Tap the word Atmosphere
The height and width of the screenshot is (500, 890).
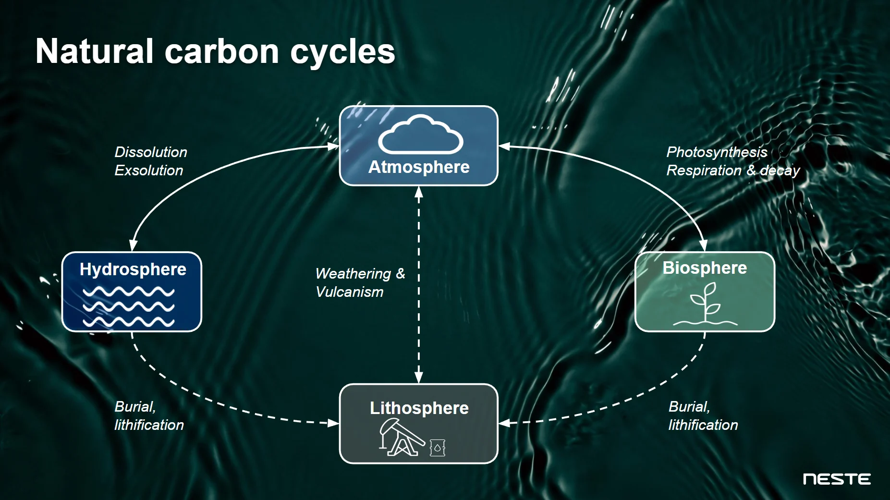tap(419, 167)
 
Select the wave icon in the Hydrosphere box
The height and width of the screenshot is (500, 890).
tap(128, 306)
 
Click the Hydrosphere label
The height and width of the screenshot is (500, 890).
tap(133, 269)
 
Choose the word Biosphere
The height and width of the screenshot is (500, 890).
tap(705, 268)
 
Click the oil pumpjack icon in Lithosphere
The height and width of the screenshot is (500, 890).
tap(401, 437)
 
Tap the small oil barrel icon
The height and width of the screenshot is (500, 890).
tap(437, 448)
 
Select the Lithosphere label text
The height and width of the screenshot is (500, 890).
tap(419, 408)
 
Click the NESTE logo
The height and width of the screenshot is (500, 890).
tap(837, 479)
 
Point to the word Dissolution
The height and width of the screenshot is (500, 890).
tap(151, 152)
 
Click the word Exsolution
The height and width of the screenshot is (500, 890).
tap(149, 171)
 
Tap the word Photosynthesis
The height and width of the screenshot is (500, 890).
tap(717, 152)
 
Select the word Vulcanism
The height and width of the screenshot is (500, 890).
tap(350, 292)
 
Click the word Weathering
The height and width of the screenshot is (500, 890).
tap(353, 274)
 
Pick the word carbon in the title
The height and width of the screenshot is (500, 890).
tap(221, 52)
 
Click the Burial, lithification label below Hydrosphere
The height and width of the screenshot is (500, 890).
tap(149, 416)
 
